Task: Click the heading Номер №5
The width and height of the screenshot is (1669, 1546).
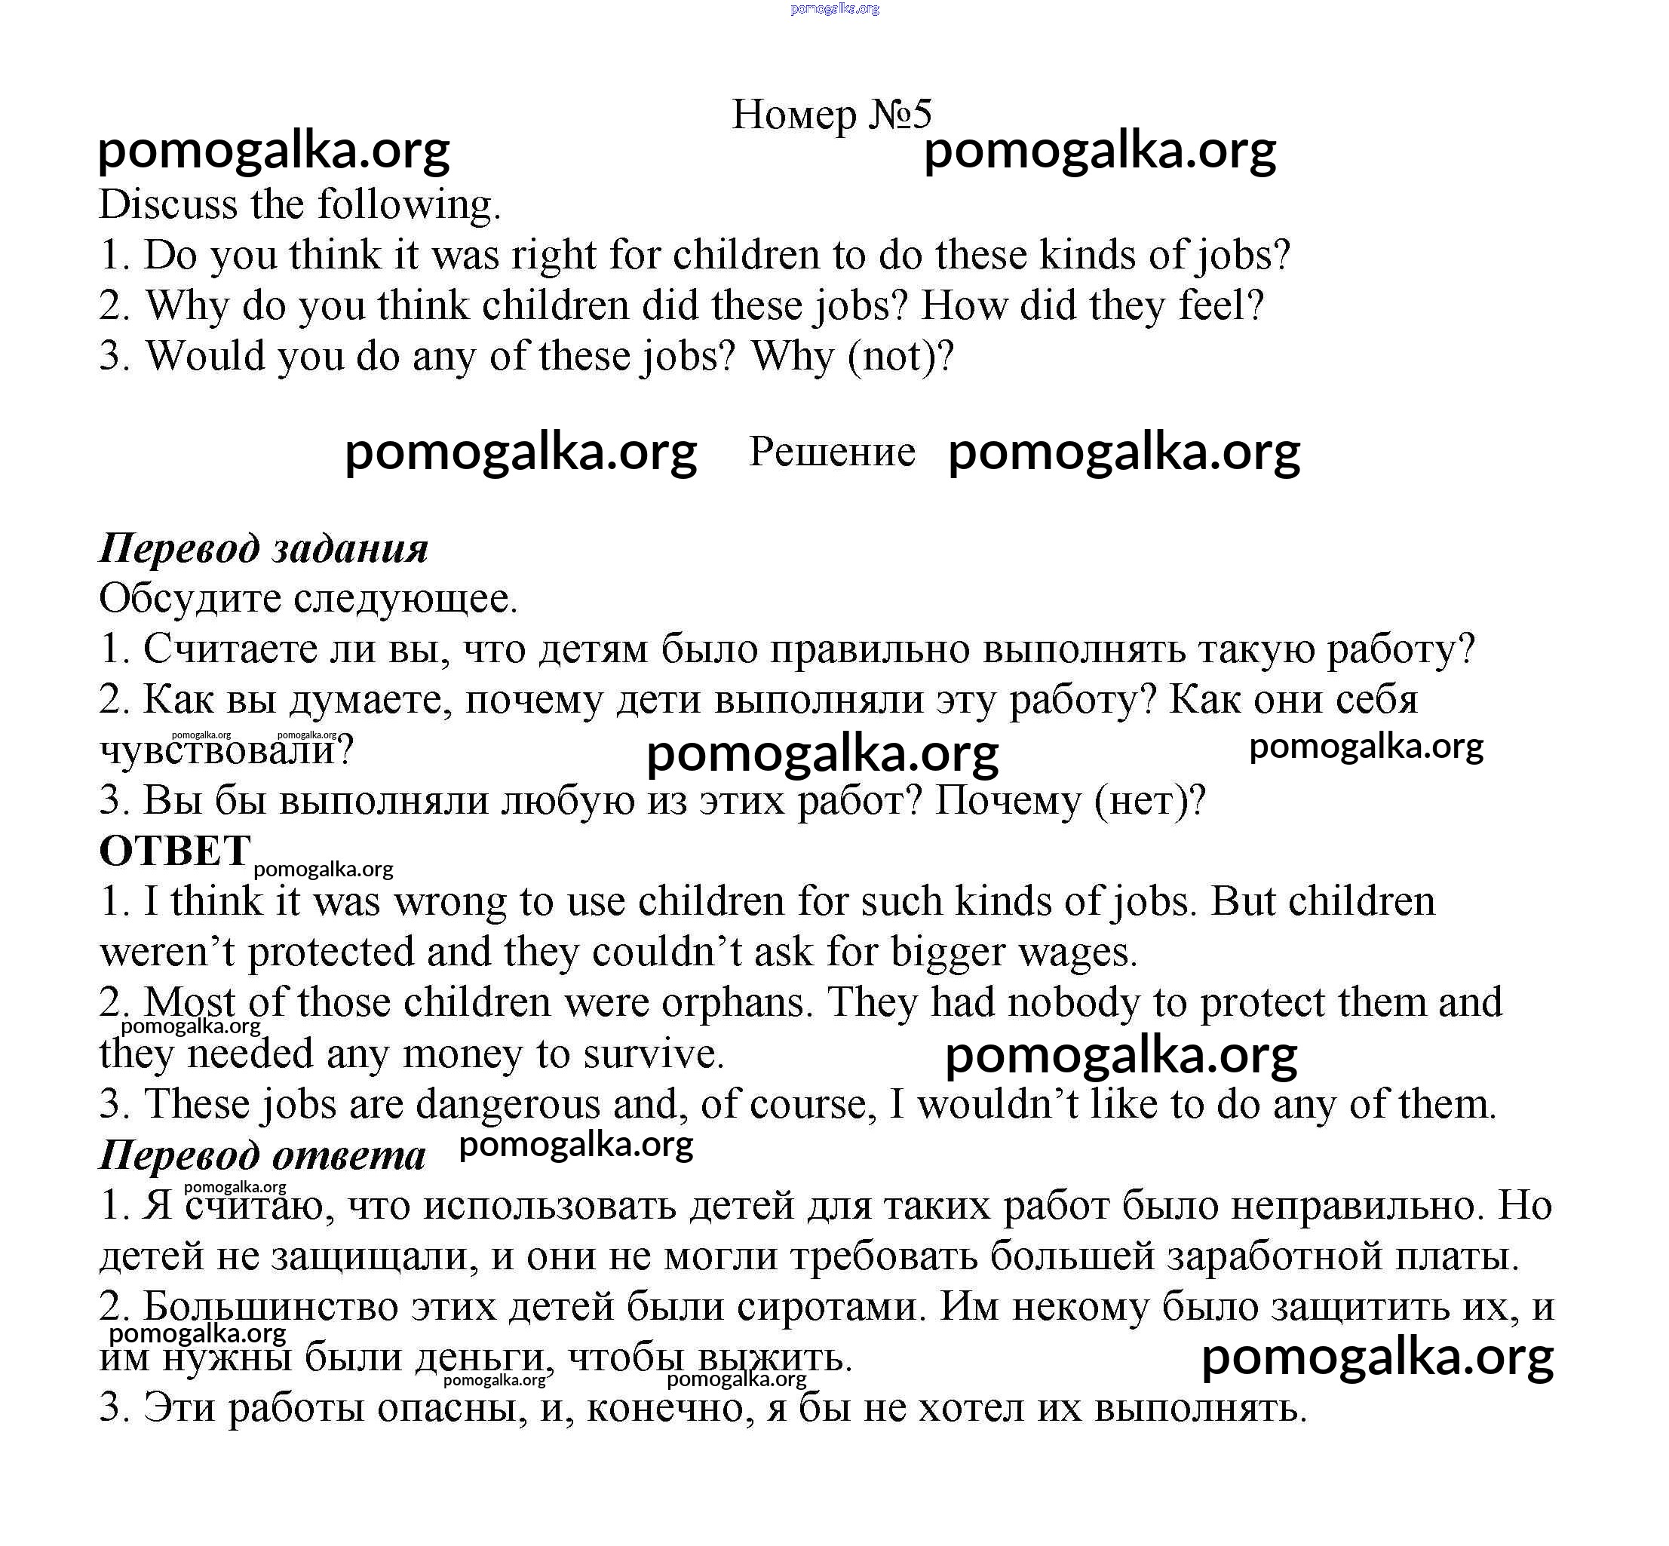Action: tap(831, 114)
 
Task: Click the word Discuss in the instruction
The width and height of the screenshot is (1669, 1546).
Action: tap(167, 204)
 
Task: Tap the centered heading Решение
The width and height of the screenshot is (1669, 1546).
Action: tap(832, 452)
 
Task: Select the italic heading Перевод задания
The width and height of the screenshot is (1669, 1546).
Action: tap(263, 549)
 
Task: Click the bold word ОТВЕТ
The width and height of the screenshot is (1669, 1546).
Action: tap(175, 851)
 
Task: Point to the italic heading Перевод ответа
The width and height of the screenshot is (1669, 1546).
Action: tap(262, 1155)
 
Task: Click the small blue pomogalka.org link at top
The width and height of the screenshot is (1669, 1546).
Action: tap(834, 8)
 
